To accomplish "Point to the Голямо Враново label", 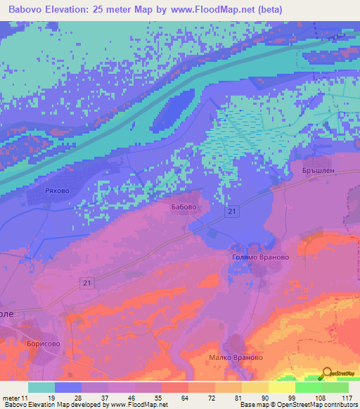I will tap(260, 257).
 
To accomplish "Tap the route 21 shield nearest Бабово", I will tap(231, 211).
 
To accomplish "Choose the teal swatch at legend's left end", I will tap(41, 387).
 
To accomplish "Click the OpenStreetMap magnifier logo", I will tap(326, 373).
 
